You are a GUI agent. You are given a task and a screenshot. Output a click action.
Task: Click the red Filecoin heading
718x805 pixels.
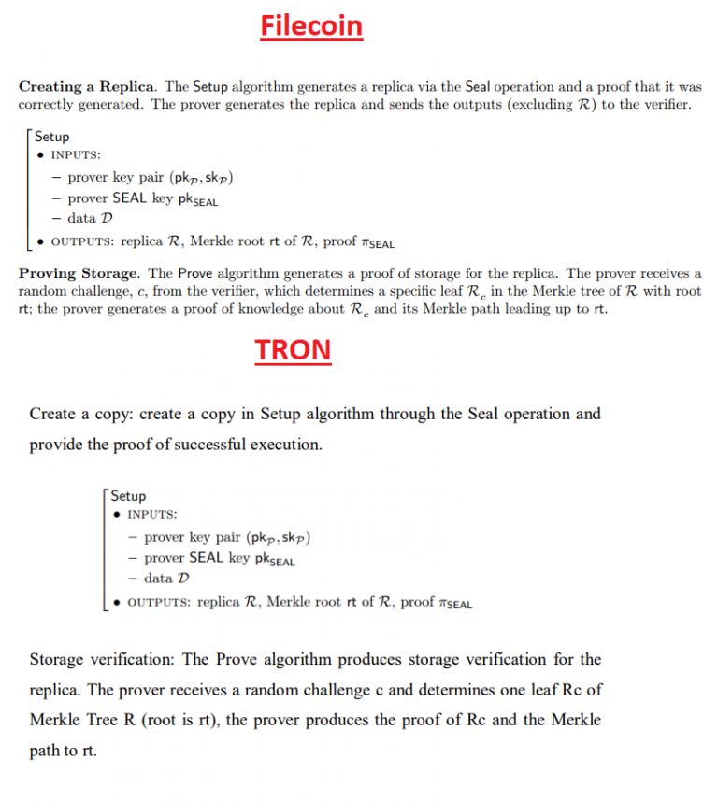[x=311, y=25]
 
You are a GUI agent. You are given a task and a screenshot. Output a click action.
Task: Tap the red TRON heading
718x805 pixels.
[x=293, y=349]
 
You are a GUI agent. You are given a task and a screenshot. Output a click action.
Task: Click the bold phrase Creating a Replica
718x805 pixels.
[x=88, y=86]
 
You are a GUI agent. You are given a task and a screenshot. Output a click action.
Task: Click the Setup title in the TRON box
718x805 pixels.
[x=128, y=496]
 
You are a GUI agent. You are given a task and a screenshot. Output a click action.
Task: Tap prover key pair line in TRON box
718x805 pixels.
[x=227, y=537]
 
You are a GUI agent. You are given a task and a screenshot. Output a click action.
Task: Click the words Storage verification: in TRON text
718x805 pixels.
[x=102, y=660]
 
